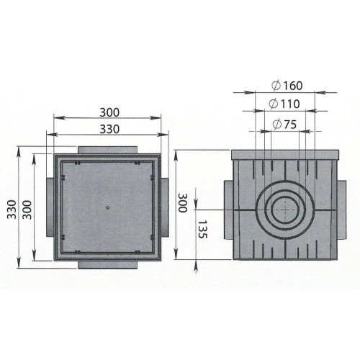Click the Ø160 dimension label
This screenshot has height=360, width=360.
(x=287, y=86)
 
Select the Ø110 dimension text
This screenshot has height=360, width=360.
(x=284, y=104)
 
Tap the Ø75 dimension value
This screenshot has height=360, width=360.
(x=284, y=124)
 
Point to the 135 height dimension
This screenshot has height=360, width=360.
(x=202, y=230)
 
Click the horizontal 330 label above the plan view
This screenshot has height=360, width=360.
(x=109, y=129)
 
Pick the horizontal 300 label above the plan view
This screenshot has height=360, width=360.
(x=109, y=112)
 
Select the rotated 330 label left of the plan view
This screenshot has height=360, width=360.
(x=12, y=210)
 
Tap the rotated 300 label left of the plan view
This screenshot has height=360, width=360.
(x=27, y=210)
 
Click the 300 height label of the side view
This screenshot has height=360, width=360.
(x=183, y=203)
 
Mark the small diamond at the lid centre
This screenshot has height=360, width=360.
(x=108, y=207)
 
